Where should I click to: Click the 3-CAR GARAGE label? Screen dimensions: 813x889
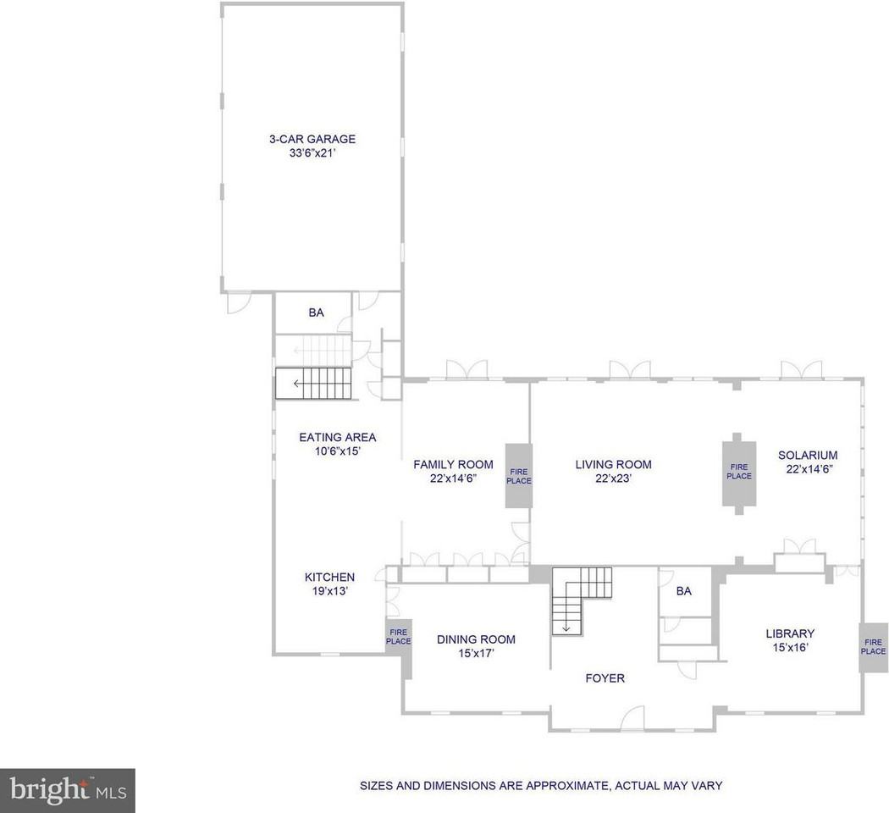pyautogui.click(x=312, y=139)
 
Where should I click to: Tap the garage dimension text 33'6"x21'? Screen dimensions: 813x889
pyautogui.click(x=312, y=153)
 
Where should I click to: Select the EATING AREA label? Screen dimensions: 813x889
pyautogui.click(x=337, y=437)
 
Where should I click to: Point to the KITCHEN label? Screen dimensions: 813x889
pyautogui.click(x=329, y=578)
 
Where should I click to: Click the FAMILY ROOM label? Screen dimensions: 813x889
pyautogui.click(x=453, y=464)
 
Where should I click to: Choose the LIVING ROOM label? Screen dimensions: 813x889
pyautogui.click(x=613, y=464)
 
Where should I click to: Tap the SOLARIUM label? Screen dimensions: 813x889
pyautogui.click(x=807, y=455)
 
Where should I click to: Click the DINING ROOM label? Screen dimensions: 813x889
pyautogui.click(x=476, y=639)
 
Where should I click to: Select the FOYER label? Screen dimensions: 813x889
pyautogui.click(x=605, y=678)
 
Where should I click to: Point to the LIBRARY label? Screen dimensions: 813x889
pyautogui.click(x=789, y=633)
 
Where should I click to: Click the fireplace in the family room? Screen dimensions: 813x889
pyautogui.click(x=518, y=475)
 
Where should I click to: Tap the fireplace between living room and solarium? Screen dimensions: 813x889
pyautogui.click(x=738, y=472)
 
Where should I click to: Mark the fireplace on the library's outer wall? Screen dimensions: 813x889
pyautogui.click(x=873, y=647)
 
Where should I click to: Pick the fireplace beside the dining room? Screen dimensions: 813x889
pyautogui.click(x=398, y=637)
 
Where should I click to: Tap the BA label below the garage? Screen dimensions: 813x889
pyautogui.click(x=316, y=312)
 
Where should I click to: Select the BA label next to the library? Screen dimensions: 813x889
pyautogui.click(x=683, y=591)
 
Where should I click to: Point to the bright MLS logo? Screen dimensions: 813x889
pyautogui.click(x=67, y=790)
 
